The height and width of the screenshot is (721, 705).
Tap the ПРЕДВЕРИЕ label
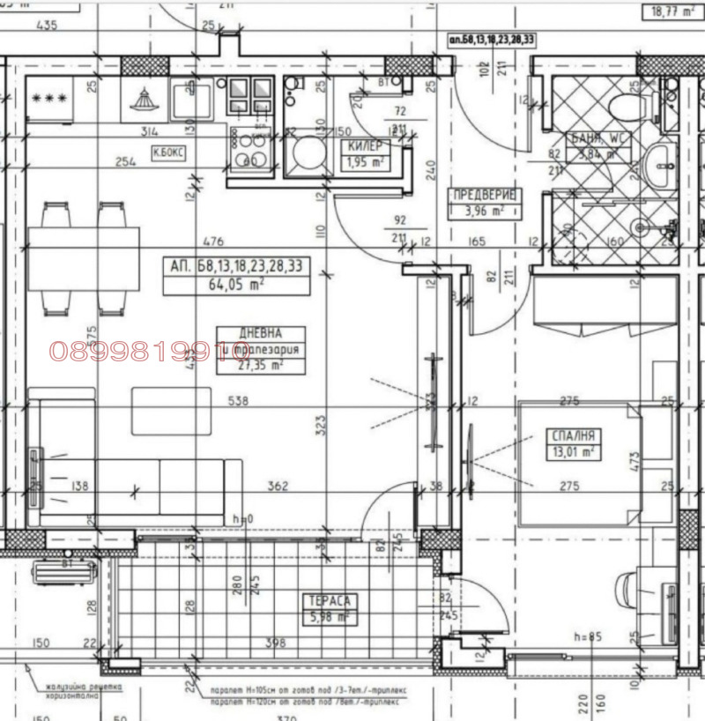click(482, 195)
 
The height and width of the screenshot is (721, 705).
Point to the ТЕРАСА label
click(330, 600)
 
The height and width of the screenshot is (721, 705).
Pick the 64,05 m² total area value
click(236, 285)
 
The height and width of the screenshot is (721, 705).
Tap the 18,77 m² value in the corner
click(667, 11)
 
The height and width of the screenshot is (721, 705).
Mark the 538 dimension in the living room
click(237, 401)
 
